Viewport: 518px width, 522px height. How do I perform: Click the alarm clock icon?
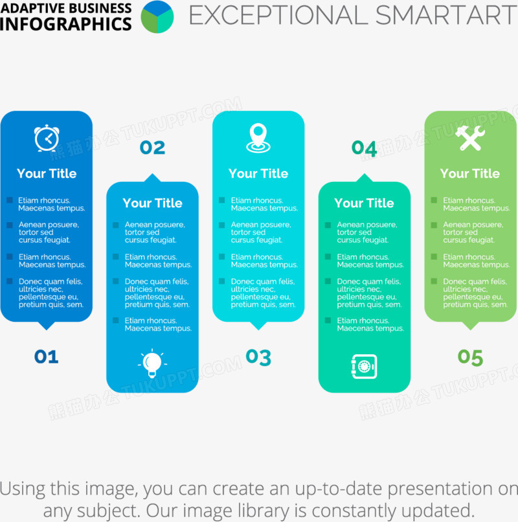click(47, 138)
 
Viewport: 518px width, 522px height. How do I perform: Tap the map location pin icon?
click(258, 138)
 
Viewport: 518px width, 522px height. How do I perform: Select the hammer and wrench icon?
click(470, 138)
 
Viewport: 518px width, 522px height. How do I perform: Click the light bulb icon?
click(152, 363)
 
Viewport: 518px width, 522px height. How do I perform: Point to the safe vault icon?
click(364, 367)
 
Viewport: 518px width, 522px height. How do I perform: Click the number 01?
click(46, 357)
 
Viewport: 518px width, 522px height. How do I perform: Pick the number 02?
click(152, 148)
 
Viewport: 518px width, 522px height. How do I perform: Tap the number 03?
click(258, 357)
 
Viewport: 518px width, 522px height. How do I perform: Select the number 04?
click(364, 148)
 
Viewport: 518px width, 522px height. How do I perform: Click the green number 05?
click(470, 357)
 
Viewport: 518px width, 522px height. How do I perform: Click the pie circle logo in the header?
click(157, 17)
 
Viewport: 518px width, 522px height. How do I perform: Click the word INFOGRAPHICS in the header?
click(66, 24)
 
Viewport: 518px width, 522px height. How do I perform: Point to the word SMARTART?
click(445, 15)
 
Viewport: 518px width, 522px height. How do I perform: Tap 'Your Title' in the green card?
click(470, 174)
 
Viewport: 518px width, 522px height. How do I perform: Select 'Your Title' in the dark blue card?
click(47, 174)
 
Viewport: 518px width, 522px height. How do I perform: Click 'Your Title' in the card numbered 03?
click(258, 174)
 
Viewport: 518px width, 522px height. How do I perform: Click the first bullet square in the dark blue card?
click(10, 200)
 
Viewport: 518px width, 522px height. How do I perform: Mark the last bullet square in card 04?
click(328, 320)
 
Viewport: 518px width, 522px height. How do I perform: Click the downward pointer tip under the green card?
click(470, 330)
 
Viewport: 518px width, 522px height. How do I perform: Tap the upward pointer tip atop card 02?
click(152, 174)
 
